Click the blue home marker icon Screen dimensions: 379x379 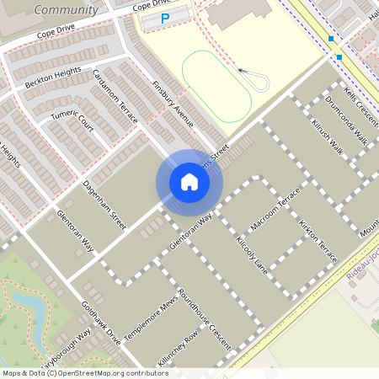pyautogui.click(x=189, y=182)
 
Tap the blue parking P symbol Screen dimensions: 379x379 pyautogui.click(x=165, y=18)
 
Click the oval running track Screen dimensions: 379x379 pyautogui.click(x=216, y=87)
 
